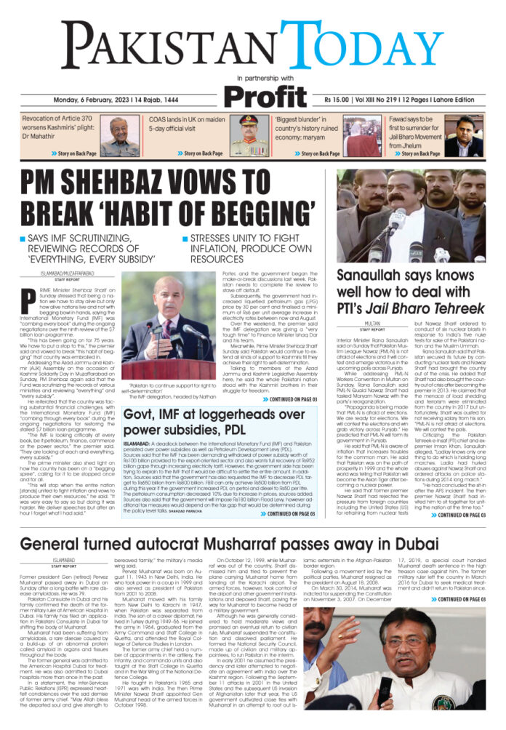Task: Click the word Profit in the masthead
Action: [267, 95]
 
